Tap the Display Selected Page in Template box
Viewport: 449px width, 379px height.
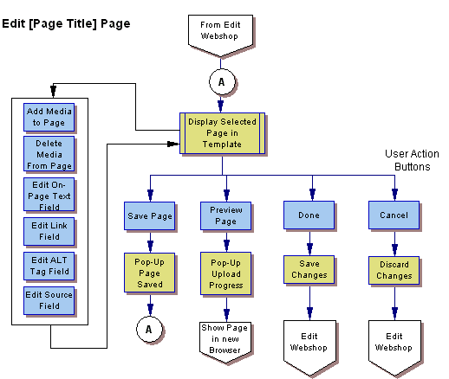pyautogui.click(x=222, y=133)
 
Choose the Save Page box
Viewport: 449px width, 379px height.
pyautogui.click(x=150, y=215)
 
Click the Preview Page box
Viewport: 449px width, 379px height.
pyautogui.click(x=224, y=215)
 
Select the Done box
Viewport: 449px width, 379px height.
pyautogui.click(x=309, y=215)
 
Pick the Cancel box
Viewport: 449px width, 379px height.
pyautogui.click(x=394, y=215)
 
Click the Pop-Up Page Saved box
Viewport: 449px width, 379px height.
pyautogui.click(x=150, y=269)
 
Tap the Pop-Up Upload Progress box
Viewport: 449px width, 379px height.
pyautogui.click(x=224, y=269)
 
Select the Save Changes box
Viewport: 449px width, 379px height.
pyautogui.click(x=309, y=269)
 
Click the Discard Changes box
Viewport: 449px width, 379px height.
pyautogui.click(x=394, y=269)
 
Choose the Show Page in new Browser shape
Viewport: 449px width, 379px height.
pyautogui.click(x=224, y=332)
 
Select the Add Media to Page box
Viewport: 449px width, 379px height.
pyautogui.click(x=49, y=117)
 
